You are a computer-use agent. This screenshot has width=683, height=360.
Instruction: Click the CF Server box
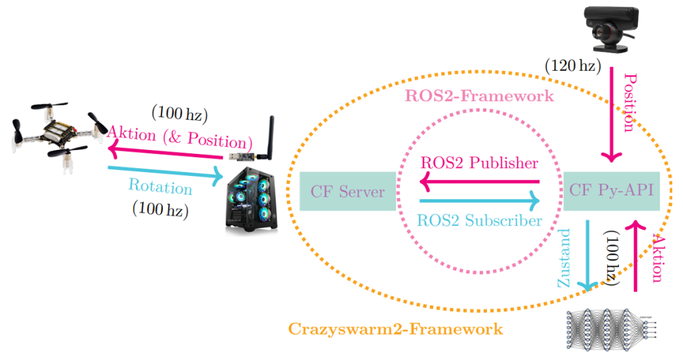(348, 192)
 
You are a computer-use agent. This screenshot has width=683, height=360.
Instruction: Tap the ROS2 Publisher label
(479, 163)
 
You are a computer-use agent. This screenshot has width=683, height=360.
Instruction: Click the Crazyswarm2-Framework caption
(396, 329)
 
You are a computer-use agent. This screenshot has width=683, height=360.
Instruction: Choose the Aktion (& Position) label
(180, 137)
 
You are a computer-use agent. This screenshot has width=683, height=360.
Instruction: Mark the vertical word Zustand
(565, 257)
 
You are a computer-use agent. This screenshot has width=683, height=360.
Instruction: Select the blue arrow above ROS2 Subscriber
(480, 199)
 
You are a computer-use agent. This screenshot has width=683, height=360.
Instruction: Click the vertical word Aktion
(658, 259)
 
